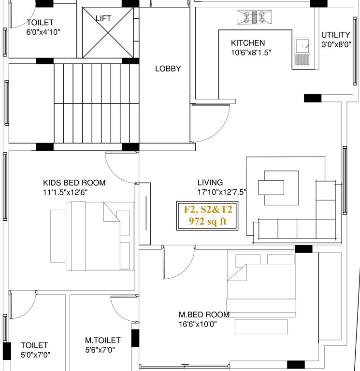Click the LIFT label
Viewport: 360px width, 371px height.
pyautogui.click(x=103, y=18)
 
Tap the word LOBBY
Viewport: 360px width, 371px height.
pyautogui.click(x=168, y=69)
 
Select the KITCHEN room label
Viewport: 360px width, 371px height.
pyautogui.click(x=247, y=43)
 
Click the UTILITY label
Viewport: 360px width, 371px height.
pyautogui.click(x=335, y=35)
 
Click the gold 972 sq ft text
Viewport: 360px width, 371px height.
pyautogui.click(x=208, y=221)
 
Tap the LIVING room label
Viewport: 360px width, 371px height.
pyautogui.click(x=210, y=183)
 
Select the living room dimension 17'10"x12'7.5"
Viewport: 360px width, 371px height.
pyautogui.click(x=222, y=192)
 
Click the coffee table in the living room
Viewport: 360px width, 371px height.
pyautogui.click(x=271, y=186)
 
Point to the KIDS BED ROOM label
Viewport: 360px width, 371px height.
pyautogui.click(x=74, y=183)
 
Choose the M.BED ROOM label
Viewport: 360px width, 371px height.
pyautogui.click(x=204, y=315)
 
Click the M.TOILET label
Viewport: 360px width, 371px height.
pyautogui.click(x=102, y=341)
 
